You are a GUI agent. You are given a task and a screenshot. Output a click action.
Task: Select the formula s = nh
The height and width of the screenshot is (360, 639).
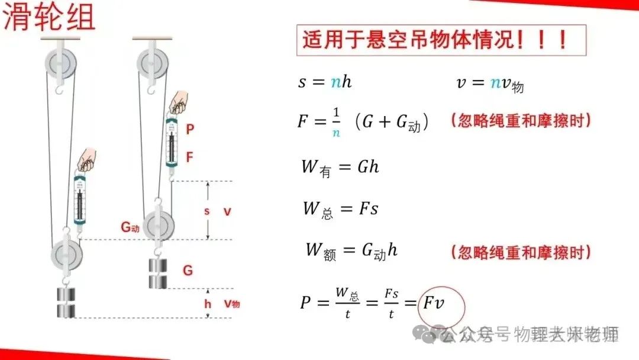point(325,82)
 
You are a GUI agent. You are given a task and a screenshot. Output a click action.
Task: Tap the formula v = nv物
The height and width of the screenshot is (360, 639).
point(489,83)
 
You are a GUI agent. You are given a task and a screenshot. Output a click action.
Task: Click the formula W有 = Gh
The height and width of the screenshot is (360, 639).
point(340,167)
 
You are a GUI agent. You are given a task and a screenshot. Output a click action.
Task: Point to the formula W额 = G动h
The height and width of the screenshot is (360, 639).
point(351,250)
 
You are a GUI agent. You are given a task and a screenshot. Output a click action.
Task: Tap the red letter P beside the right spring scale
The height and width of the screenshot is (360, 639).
point(189,128)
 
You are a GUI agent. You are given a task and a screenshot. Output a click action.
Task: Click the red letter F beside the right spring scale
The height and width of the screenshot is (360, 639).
point(189,157)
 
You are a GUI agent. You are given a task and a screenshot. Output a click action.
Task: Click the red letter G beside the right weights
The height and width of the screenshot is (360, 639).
point(188,271)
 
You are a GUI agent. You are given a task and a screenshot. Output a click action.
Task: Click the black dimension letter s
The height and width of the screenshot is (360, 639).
point(206,211)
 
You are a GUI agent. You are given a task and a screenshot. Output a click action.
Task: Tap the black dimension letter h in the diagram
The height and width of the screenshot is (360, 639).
point(207,304)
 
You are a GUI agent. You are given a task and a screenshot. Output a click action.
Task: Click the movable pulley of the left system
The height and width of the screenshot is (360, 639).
point(66,253)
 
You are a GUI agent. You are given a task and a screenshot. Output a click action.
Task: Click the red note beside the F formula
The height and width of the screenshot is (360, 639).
point(521,121)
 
